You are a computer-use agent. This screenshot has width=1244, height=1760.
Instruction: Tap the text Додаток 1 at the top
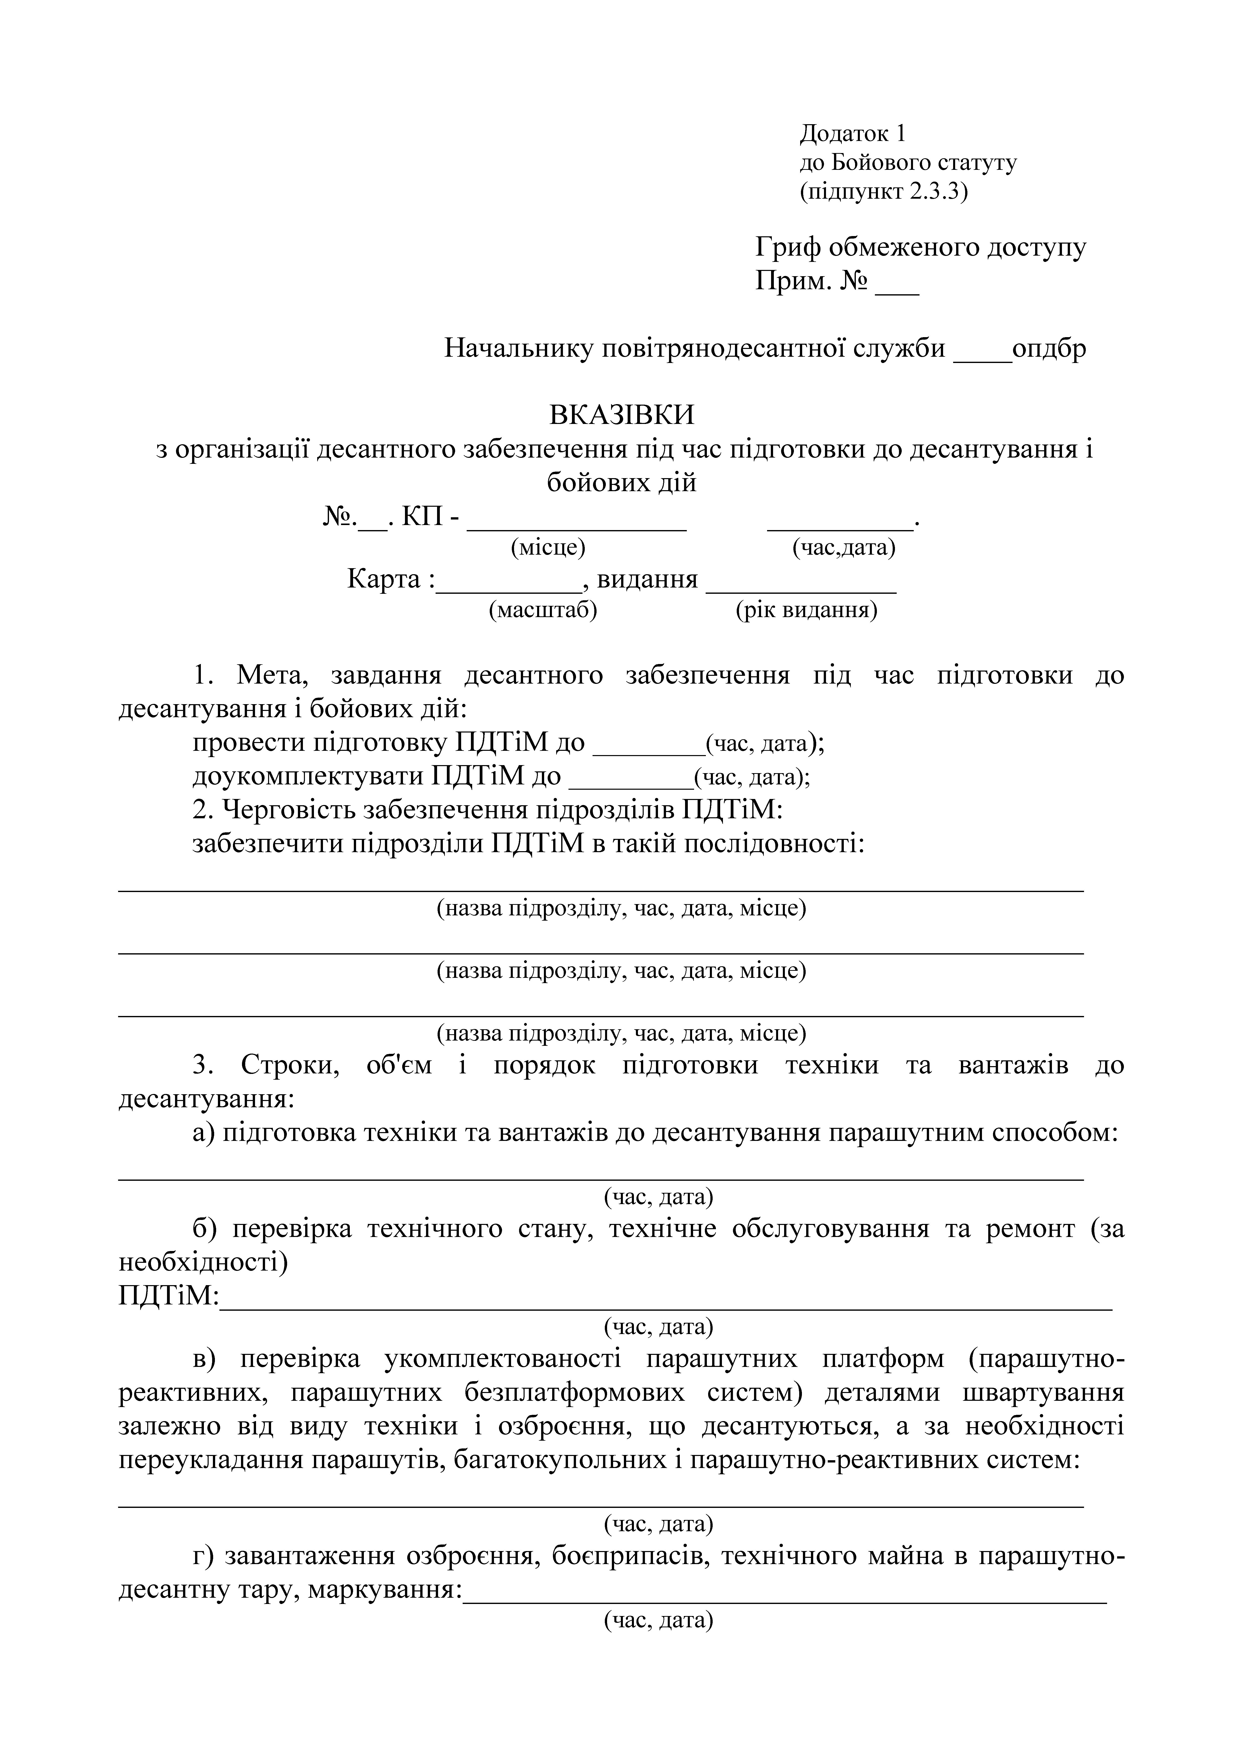(852, 133)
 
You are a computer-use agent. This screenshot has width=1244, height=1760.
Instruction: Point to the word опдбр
(1049, 349)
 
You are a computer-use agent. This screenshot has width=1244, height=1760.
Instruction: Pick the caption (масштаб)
(543, 610)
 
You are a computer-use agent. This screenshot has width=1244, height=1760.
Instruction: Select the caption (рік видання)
(806, 610)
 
